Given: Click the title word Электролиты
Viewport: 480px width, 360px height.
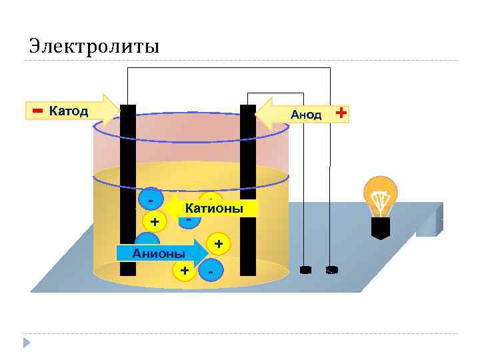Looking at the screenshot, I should coord(94,46).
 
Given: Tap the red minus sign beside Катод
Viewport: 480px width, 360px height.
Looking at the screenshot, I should coord(37,109).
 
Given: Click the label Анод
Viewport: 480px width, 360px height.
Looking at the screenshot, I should coord(305,115).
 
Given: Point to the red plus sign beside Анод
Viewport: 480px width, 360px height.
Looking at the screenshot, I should coord(341,113).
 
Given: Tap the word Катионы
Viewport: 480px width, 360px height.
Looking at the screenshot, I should coord(213,209).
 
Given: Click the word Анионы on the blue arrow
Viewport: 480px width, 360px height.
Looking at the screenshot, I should coord(159,253).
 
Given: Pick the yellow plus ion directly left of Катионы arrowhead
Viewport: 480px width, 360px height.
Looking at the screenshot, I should coord(155,221).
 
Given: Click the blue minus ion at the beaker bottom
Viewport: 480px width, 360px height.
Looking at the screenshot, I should coord(211,271).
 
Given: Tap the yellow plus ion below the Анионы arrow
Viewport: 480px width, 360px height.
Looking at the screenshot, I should coord(183,270).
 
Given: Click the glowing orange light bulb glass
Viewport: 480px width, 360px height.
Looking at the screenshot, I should coord(379,195).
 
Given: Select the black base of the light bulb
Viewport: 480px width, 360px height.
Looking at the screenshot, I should coord(379,228).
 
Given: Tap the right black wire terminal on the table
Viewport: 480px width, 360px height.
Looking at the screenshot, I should coord(331,270).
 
